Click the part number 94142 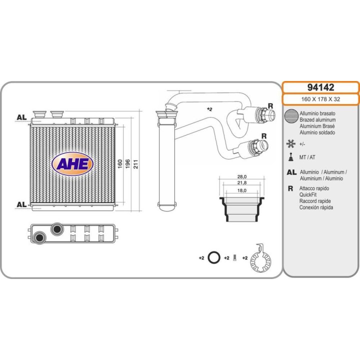pyautogui.click(x=320, y=87)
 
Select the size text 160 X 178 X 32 pyautogui.click(x=320, y=99)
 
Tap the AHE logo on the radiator pyautogui.click(x=72, y=164)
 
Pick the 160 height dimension pyautogui.click(x=119, y=163)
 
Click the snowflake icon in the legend pyautogui.click(x=290, y=144)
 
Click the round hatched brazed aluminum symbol pyautogui.click(x=290, y=117)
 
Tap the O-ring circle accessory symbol pyautogui.click(x=213, y=258)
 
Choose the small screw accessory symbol pyautogui.click(x=235, y=258)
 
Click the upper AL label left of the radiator pyautogui.click(x=21, y=117)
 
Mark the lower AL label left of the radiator pyautogui.click(x=21, y=204)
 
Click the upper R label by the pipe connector pyautogui.click(x=270, y=106)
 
